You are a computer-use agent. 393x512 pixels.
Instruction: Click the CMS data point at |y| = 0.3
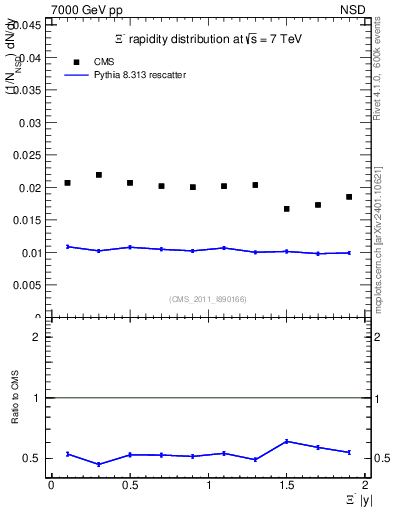(x=99, y=175)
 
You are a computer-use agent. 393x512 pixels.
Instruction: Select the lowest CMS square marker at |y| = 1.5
(x=287, y=209)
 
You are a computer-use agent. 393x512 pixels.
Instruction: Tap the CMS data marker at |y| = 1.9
(x=349, y=197)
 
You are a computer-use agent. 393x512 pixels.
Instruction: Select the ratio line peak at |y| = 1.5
(x=287, y=441)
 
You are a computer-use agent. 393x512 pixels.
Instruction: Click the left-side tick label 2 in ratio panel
(x=36, y=337)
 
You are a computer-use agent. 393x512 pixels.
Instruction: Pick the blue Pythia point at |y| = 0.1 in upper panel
(x=68, y=246)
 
